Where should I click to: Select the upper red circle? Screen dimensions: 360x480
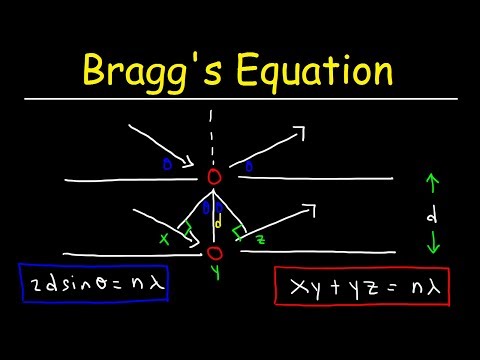(x=214, y=177)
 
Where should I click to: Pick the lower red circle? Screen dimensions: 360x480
(x=215, y=253)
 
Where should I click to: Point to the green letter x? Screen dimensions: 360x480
(x=163, y=239)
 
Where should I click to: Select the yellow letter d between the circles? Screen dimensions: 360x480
(x=218, y=223)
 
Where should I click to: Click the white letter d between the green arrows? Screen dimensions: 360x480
(x=430, y=215)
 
